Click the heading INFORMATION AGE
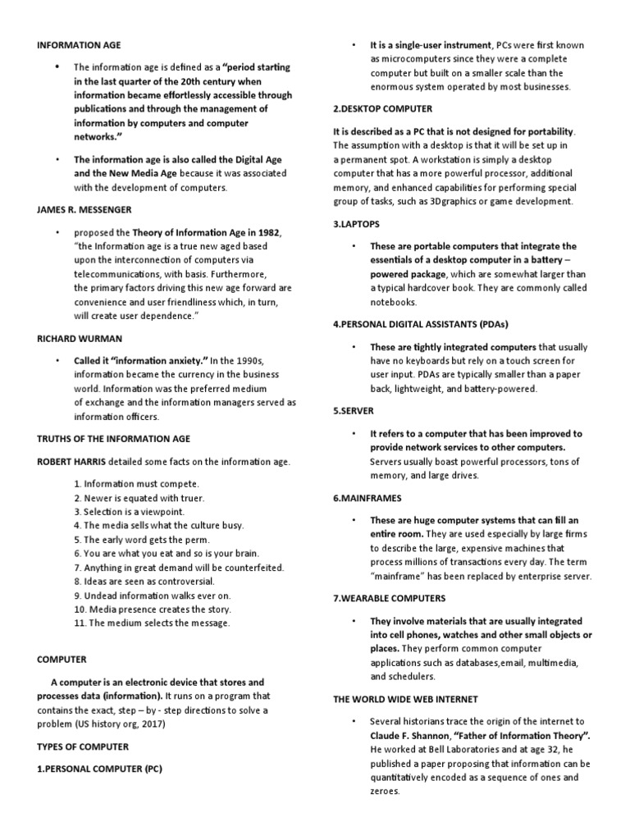79,45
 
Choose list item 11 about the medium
152,623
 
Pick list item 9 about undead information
152,595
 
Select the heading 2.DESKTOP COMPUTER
382,108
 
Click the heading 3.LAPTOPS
357,223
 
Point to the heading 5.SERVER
354,410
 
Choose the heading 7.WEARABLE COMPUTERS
390,598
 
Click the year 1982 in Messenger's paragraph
265,233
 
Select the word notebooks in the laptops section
394,302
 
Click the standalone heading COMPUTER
62,659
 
